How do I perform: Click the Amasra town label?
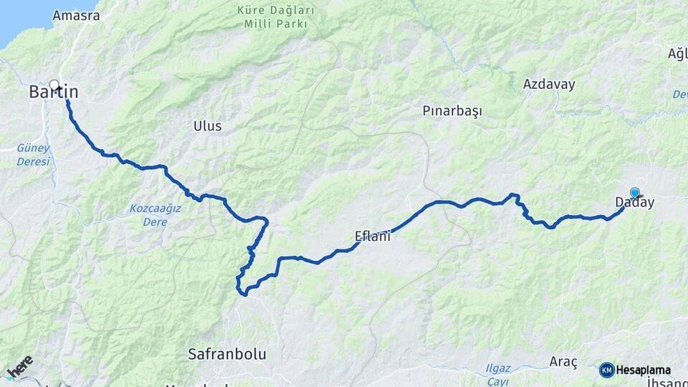coord(75,15)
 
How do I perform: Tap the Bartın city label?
coord(54,92)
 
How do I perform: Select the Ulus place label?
coord(207,126)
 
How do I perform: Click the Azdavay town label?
coord(549,84)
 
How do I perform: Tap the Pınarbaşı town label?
coord(452,111)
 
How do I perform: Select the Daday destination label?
coord(635,203)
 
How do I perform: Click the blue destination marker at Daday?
coord(635,192)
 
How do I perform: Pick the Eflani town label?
coord(373,236)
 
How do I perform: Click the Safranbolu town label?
coord(226,354)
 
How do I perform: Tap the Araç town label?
coord(563,361)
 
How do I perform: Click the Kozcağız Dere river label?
coord(155,215)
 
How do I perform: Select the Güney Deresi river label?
coord(34,155)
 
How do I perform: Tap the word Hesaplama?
coord(643,371)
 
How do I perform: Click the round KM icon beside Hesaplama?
coord(606,370)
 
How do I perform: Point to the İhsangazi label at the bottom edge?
coord(667,383)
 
